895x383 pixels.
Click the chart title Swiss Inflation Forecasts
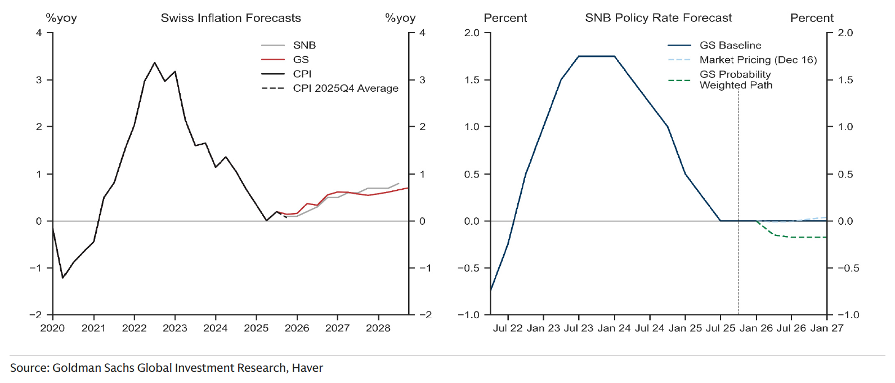[231, 18]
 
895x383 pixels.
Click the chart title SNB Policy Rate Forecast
[658, 18]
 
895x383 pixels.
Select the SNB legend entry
[304, 45]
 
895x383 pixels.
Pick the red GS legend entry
[301, 60]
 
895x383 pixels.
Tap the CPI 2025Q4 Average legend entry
[345, 88]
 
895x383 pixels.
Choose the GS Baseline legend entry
[730, 46]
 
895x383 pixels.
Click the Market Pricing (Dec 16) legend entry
[758, 60]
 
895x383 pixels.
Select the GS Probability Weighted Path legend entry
[735, 79]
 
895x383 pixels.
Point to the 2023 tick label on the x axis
[174, 328]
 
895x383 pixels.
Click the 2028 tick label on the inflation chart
[378, 328]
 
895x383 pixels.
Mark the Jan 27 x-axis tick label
[826, 328]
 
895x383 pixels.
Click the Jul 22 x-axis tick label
[508, 328]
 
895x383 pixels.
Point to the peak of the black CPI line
[155, 63]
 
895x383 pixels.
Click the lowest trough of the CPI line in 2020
[62, 278]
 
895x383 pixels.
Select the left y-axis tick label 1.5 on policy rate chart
[472, 80]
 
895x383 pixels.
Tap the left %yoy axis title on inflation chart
[61, 18]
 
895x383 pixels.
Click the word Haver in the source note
[307, 368]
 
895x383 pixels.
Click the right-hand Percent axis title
[811, 18]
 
